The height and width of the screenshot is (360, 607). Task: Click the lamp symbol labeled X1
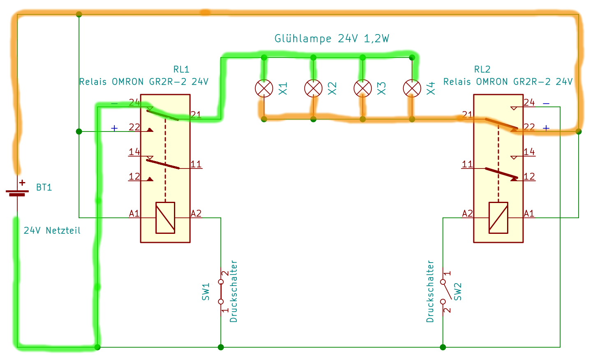[x=264, y=88]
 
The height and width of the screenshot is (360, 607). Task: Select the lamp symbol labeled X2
[x=313, y=88]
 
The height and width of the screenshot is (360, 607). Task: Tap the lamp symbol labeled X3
[x=363, y=88]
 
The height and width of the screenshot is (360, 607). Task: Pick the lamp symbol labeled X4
[x=412, y=88]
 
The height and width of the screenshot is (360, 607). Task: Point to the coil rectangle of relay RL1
[x=165, y=218]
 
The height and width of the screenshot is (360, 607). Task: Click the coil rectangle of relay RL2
[x=498, y=218]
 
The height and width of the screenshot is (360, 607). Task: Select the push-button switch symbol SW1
[x=221, y=292]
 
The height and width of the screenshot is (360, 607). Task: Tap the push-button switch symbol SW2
[x=443, y=292]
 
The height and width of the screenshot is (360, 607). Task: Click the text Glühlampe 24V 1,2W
[x=331, y=39]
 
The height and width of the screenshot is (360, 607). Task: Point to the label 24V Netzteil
[x=52, y=231]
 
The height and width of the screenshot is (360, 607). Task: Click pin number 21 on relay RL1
[x=196, y=115]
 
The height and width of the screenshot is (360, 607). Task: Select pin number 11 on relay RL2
[x=467, y=164]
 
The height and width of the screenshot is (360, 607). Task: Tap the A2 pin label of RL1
[x=196, y=213]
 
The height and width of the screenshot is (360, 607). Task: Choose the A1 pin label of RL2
[x=529, y=213]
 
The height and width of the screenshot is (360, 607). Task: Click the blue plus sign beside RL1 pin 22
[x=114, y=128]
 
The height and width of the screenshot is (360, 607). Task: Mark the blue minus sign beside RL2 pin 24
[x=546, y=104]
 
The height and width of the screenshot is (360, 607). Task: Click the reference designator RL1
[x=181, y=69]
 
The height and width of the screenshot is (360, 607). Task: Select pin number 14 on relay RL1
[x=134, y=152]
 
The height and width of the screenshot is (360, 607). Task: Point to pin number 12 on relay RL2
[x=529, y=176]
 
